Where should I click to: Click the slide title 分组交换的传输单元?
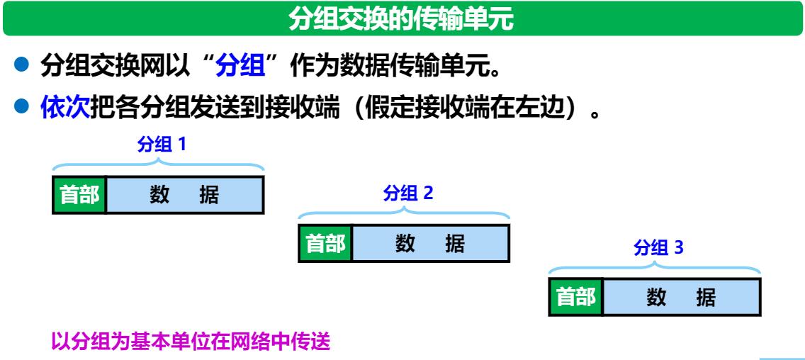(402, 19)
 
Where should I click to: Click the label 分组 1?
(161, 146)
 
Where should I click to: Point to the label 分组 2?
(407, 193)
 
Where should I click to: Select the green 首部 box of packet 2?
(325, 243)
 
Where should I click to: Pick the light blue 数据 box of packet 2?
(430, 243)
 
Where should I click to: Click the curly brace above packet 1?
(159, 166)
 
